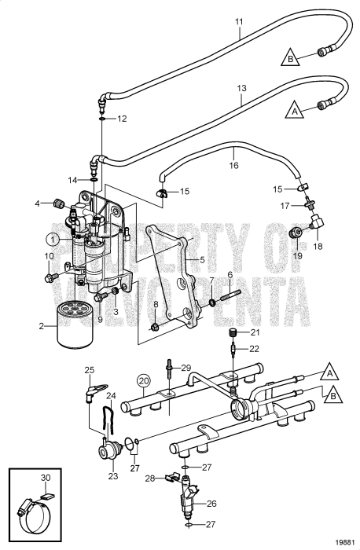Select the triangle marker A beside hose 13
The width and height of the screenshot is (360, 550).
294,112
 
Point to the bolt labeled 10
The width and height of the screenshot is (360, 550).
50,277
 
